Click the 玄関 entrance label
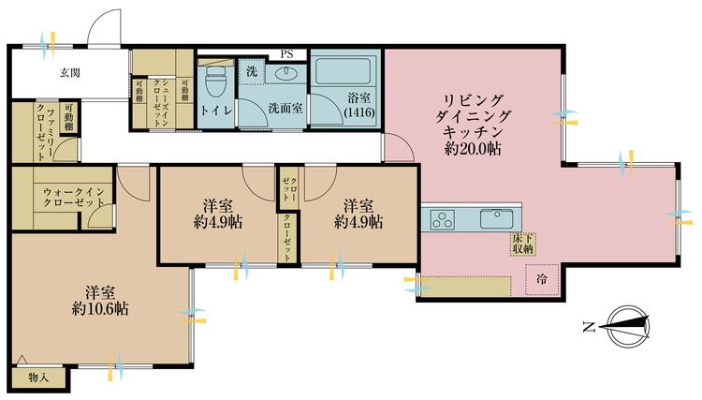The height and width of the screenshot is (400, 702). click(x=70, y=71)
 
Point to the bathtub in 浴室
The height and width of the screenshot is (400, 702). click(x=342, y=72)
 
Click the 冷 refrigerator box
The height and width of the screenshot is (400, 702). click(x=544, y=277)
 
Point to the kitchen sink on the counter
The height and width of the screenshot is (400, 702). click(x=497, y=219)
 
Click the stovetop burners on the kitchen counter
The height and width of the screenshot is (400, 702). click(x=443, y=221)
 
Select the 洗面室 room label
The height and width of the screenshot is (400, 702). click(x=285, y=108)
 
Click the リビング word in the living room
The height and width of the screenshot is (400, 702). click(x=473, y=99)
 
